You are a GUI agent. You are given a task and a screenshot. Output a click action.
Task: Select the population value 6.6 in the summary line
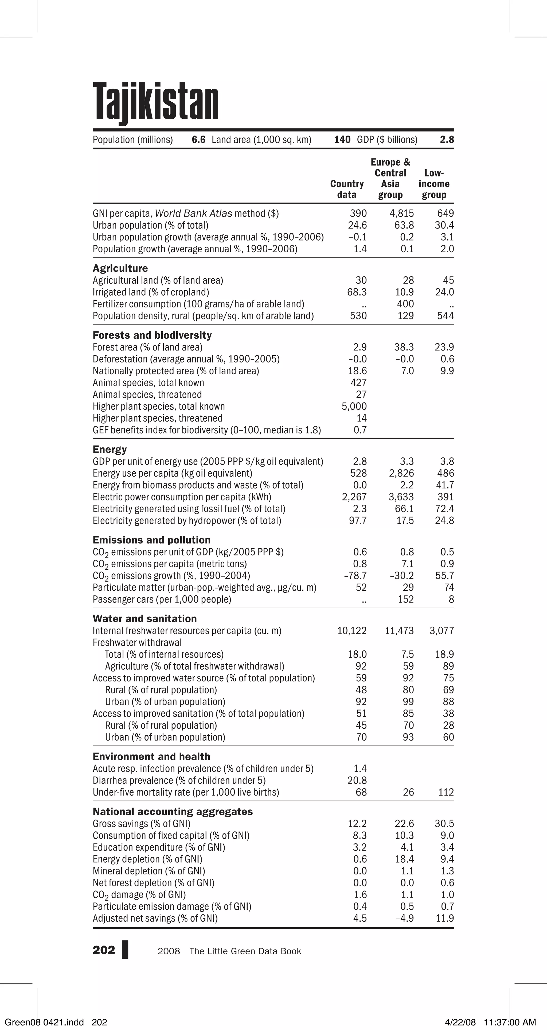click(x=199, y=140)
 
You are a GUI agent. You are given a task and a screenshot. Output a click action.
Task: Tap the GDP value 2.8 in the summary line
click(x=447, y=140)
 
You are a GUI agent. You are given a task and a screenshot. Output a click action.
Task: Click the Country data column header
click(x=347, y=189)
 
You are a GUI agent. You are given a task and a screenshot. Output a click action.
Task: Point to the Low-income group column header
click(x=434, y=184)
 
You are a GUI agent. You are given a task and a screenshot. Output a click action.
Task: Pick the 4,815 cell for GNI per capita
click(x=401, y=214)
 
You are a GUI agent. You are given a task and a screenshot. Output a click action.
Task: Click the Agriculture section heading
click(x=120, y=268)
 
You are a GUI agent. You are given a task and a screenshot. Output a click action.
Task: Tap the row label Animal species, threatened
click(x=147, y=395)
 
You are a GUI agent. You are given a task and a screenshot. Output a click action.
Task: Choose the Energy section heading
click(x=110, y=449)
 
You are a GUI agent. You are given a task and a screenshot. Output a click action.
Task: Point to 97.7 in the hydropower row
click(x=358, y=520)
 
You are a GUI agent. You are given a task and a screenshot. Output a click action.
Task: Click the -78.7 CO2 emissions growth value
click(x=355, y=576)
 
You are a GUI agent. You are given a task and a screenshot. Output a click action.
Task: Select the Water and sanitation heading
click(x=145, y=619)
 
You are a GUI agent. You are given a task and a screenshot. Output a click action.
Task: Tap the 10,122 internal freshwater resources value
click(x=351, y=631)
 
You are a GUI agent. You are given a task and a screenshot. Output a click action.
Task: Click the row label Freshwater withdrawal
click(x=137, y=643)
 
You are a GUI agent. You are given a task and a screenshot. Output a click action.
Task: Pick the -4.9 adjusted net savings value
click(x=404, y=919)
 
